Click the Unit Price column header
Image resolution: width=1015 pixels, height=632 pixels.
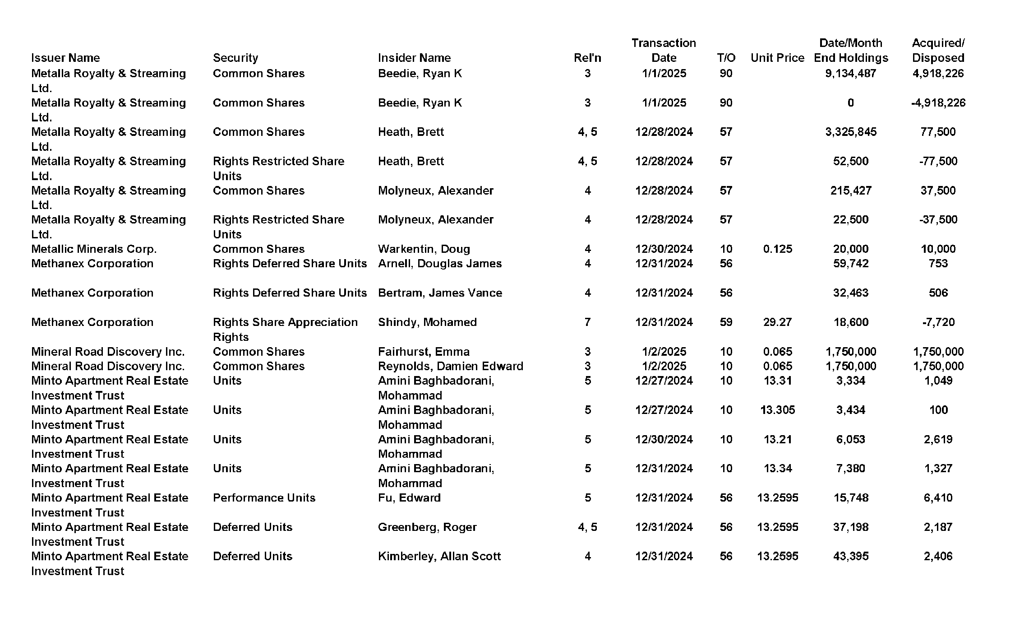tap(777, 58)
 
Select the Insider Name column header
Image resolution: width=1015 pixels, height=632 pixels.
tap(414, 58)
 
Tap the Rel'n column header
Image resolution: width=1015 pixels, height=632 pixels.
tap(587, 58)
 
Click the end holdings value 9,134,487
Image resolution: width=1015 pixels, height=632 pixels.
tap(850, 73)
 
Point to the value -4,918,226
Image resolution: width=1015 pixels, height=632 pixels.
tap(938, 102)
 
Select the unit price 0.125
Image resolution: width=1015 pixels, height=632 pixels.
tap(777, 249)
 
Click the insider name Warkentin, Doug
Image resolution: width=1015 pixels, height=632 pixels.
tap(424, 249)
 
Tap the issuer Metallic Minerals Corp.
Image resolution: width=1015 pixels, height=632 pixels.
tap(94, 249)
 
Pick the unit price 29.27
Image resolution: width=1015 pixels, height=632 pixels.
tap(777, 322)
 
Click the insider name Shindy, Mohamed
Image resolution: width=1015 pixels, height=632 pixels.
tap(427, 322)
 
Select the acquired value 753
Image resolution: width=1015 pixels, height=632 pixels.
tap(938, 263)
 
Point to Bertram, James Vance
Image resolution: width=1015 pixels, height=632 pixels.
tap(440, 293)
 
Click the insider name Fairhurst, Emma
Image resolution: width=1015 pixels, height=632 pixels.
tap(424, 351)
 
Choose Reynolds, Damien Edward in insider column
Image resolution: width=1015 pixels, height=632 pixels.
tap(450, 366)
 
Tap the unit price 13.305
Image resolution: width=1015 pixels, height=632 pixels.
tap(777, 410)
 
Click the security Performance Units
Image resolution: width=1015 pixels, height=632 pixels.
tap(264, 497)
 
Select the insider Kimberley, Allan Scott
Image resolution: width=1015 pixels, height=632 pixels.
tap(439, 556)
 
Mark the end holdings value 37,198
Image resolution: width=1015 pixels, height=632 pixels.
tap(850, 527)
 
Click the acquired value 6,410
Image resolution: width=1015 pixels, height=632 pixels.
tap(938, 497)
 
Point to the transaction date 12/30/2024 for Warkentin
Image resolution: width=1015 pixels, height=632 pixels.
tap(664, 249)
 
